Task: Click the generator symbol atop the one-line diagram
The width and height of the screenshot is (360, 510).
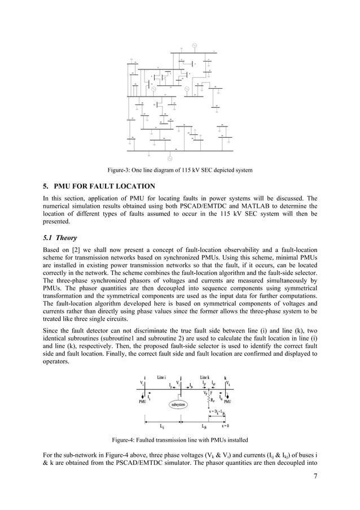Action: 195,45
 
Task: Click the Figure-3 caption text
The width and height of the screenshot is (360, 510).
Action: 180,169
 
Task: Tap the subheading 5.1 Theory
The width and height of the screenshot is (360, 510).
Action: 60,238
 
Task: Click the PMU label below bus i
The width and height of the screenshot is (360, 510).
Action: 143,402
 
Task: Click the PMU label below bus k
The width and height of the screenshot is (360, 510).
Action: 229,402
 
